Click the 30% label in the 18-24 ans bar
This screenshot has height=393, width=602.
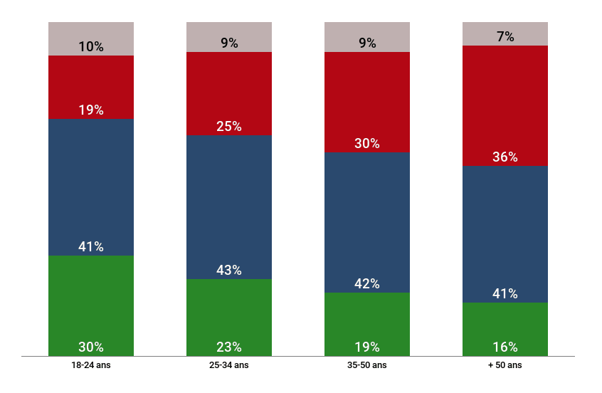(x=91, y=347)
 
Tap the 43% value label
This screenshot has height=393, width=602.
(x=229, y=271)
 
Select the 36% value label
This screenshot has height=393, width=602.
(x=505, y=157)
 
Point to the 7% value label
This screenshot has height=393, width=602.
(x=505, y=37)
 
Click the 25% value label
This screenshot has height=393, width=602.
(x=229, y=127)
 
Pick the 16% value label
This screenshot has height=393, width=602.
(x=505, y=347)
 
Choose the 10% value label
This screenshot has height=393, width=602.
(x=91, y=47)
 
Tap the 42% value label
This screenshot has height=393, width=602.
(x=367, y=284)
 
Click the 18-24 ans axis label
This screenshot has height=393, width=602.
(x=91, y=365)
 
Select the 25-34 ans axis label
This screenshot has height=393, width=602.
(x=229, y=365)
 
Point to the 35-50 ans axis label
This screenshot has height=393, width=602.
(x=367, y=365)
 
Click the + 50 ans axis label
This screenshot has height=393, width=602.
(x=505, y=365)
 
